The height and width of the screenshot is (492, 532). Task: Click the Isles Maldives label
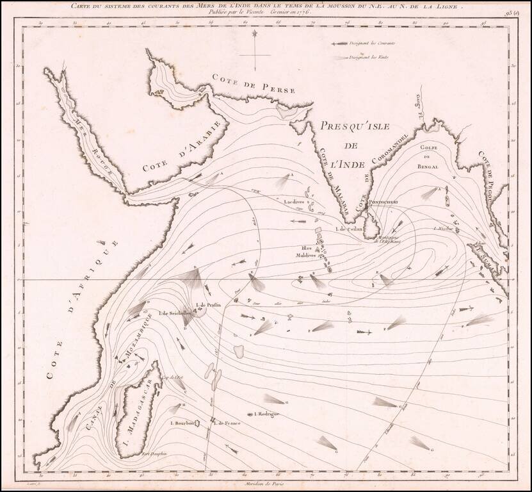tap(305, 252)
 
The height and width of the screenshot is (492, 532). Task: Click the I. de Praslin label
tap(209, 305)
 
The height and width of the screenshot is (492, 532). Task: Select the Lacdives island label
tap(294, 201)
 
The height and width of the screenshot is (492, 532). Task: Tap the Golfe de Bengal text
tap(430, 157)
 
